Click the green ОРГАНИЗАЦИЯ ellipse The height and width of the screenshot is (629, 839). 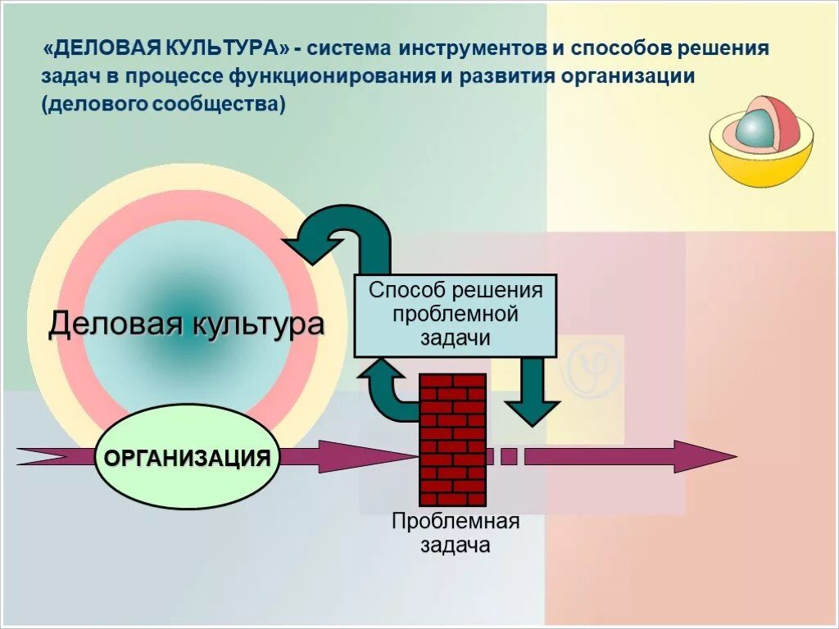click(x=188, y=457)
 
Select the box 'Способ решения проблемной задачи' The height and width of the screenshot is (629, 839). click(x=456, y=315)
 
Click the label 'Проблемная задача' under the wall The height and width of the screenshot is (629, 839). click(x=456, y=533)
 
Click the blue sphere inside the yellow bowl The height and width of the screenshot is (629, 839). click(x=755, y=132)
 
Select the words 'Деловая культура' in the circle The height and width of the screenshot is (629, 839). click(x=186, y=324)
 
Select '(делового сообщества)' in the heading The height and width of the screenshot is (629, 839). click(x=163, y=105)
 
